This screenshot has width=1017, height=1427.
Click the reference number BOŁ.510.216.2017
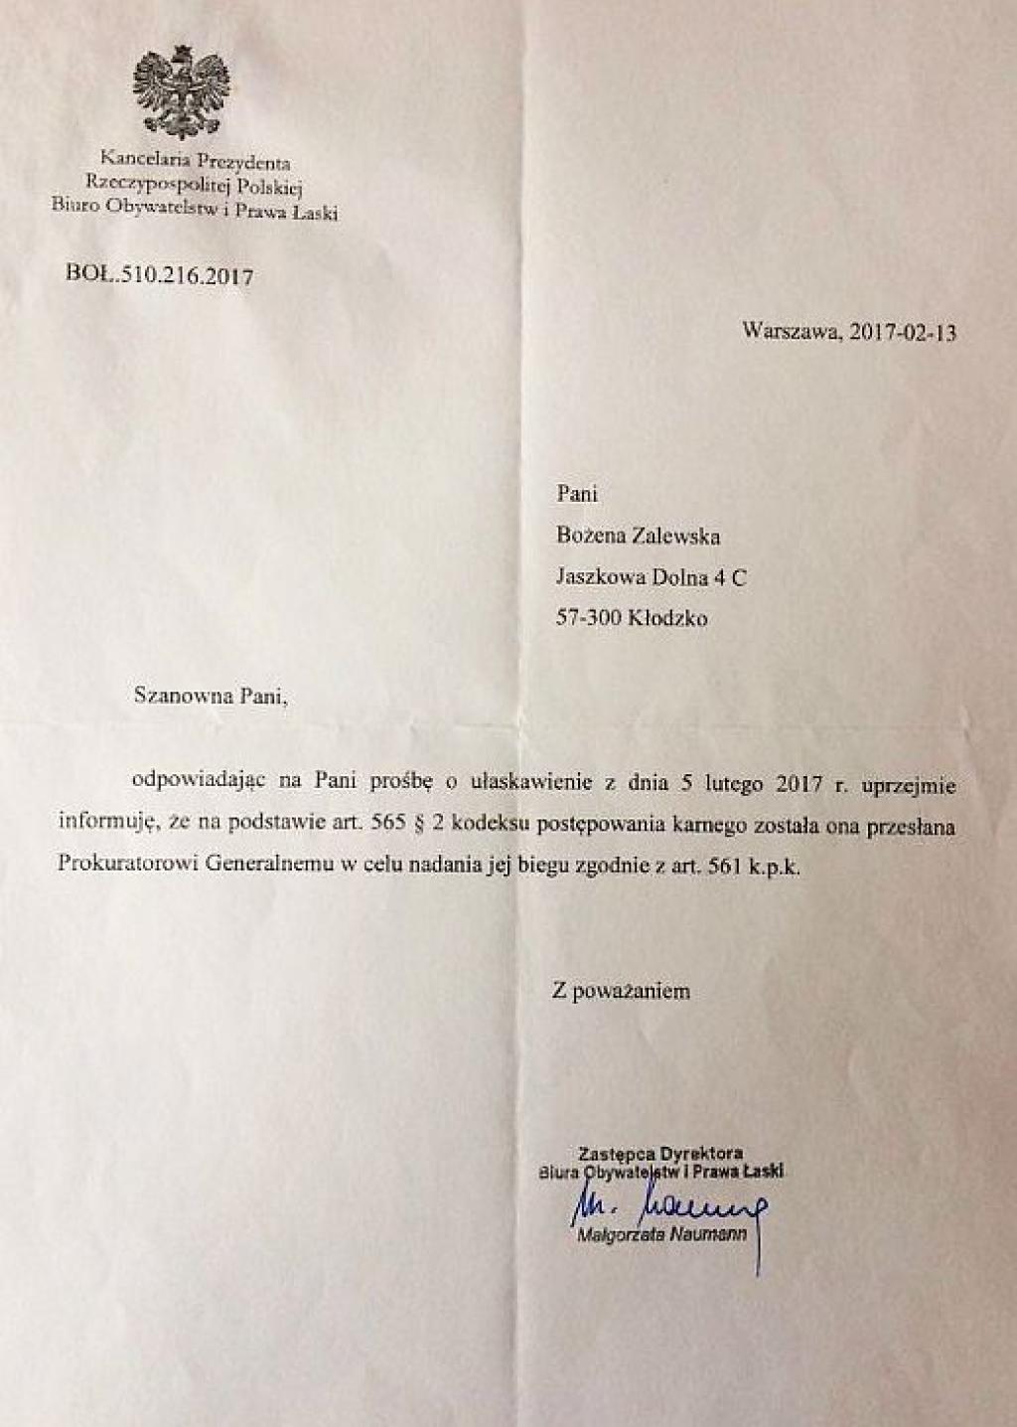[158, 275]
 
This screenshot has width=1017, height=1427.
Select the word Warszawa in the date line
[787, 332]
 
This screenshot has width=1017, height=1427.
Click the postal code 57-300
[589, 617]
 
